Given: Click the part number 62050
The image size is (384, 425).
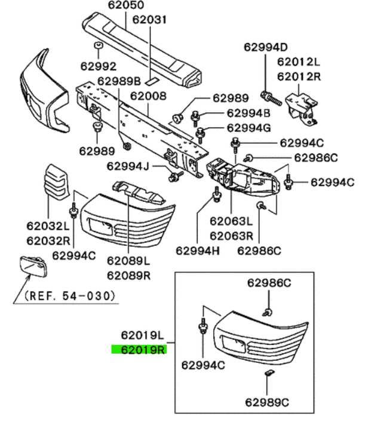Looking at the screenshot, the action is [x=126, y=5].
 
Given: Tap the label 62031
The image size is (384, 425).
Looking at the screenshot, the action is [x=149, y=20].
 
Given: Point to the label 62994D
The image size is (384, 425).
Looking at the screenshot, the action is [x=266, y=47].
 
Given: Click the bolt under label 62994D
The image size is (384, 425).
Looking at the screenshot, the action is [x=271, y=99].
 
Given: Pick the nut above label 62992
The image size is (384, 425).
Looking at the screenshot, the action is [x=99, y=45].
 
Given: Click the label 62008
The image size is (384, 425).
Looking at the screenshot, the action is [x=148, y=96].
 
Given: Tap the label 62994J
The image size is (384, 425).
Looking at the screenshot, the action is [x=128, y=166].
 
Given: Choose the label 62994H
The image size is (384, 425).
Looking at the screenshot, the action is [x=198, y=251].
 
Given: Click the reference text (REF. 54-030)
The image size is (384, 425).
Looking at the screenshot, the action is [x=70, y=295].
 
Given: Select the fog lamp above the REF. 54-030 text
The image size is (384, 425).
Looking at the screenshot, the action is [x=33, y=266].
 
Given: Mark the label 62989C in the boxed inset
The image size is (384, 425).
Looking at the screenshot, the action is [x=267, y=402].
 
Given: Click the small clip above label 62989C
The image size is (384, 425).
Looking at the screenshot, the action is [x=269, y=373].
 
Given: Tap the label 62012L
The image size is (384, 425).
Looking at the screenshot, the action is [x=299, y=62].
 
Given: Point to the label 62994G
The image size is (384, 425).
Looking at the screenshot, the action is [x=248, y=128].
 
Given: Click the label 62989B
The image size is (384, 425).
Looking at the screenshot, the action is [x=119, y=81].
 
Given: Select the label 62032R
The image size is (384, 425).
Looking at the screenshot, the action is [x=48, y=241].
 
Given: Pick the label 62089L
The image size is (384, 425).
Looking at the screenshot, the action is [x=128, y=261].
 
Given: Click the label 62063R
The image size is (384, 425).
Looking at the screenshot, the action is [x=231, y=236].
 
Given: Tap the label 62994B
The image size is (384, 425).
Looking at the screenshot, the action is [x=248, y=113].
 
